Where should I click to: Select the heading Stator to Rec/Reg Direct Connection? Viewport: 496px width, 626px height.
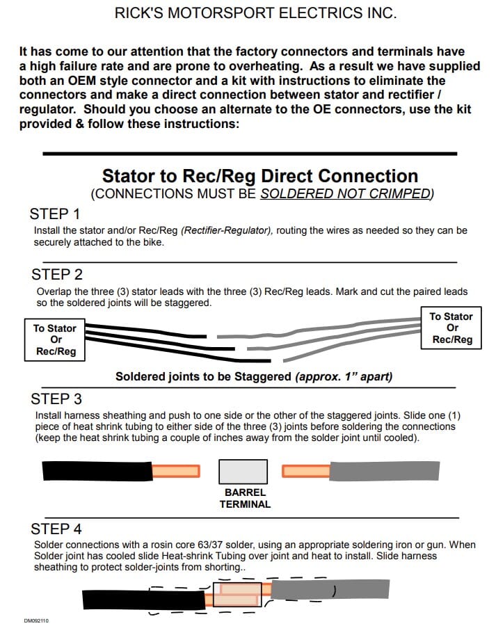tap(260, 176)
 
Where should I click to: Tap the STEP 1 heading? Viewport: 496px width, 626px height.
tap(55, 214)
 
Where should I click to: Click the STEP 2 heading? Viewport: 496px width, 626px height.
tap(57, 274)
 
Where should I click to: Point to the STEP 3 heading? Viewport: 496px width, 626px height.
tap(57, 399)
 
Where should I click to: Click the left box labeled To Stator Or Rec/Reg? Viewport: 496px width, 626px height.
tap(55, 340)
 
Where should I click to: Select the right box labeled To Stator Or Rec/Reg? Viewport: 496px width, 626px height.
tap(451, 328)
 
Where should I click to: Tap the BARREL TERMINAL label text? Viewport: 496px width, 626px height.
tap(245, 498)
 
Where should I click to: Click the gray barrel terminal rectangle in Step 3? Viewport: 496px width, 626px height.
tap(243, 471)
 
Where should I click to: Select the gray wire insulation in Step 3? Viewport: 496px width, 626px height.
tap(383, 471)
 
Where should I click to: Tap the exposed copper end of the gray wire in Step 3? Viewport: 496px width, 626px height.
tap(305, 471)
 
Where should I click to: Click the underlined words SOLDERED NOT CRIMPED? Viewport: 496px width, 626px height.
tap(346, 194)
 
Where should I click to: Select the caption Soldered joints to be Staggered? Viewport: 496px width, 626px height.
tap(254, 377)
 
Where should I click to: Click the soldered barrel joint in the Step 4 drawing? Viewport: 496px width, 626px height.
tap(237, 595)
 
